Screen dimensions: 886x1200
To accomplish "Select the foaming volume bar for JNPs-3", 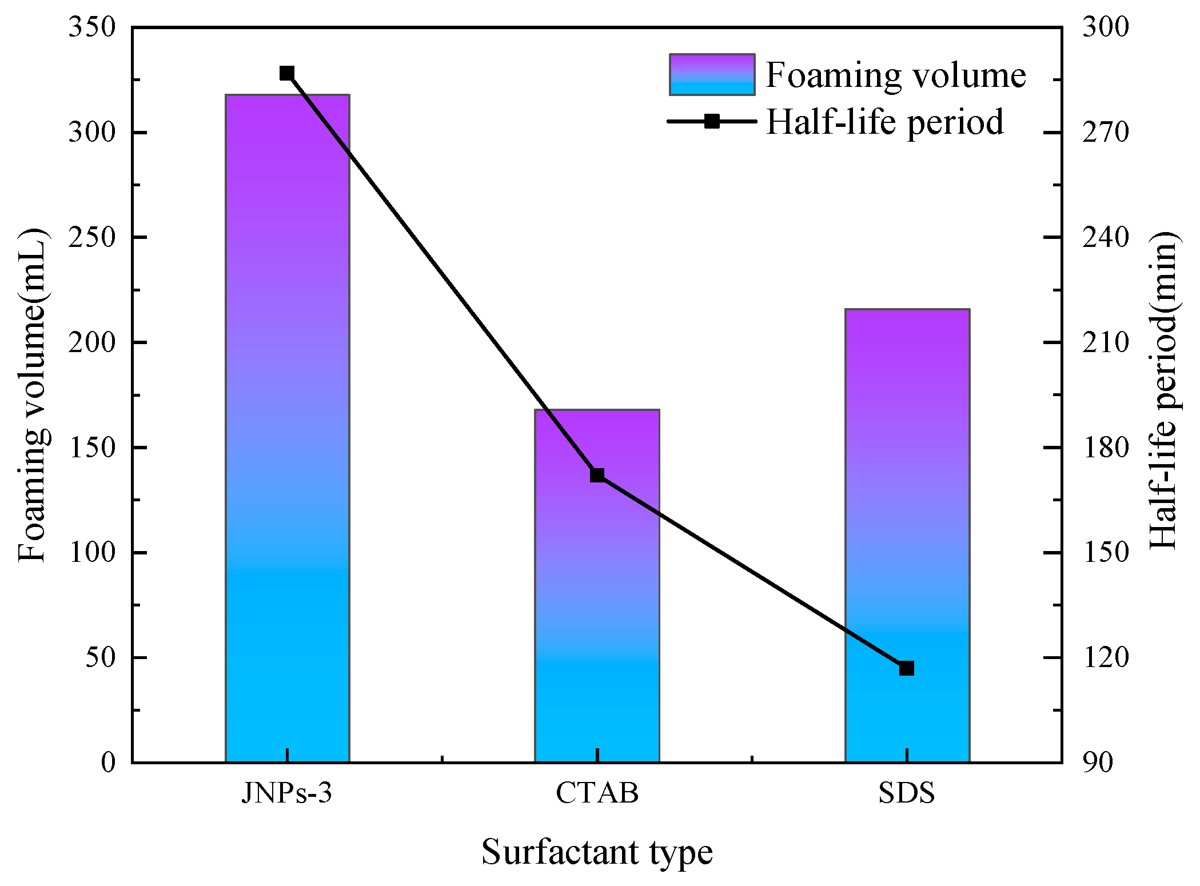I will click(x=287, y=429).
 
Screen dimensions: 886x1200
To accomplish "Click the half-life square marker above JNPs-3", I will click(x=287, y=73).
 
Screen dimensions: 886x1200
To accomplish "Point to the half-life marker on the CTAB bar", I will click(x=597, y=475).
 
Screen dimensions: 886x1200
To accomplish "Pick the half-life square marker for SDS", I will click(x=907, y=668).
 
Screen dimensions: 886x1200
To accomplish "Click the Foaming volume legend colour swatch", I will click(x=712, y=75).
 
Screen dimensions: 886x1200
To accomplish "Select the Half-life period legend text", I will click(x=884, y=122).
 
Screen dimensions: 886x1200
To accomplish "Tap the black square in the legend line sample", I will click(x=712, y=121).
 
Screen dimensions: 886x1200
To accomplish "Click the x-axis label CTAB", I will click(x=597, y=793).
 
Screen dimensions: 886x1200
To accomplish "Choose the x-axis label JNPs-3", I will click(x=286, y=793).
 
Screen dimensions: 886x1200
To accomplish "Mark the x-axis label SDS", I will click(x=907, y=793).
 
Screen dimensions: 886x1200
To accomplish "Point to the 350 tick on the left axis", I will click(x=91, y=27).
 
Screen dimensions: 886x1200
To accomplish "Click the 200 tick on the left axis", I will click(x=91, y=342).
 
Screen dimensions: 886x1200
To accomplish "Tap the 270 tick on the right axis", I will click(x=1105, y=133).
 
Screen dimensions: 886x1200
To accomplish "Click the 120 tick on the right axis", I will click(x=1105, y=657).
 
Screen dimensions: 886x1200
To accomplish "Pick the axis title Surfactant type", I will click(x=597, y=852).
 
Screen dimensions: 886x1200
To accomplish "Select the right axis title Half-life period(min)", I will click(x=1163, y=391).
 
